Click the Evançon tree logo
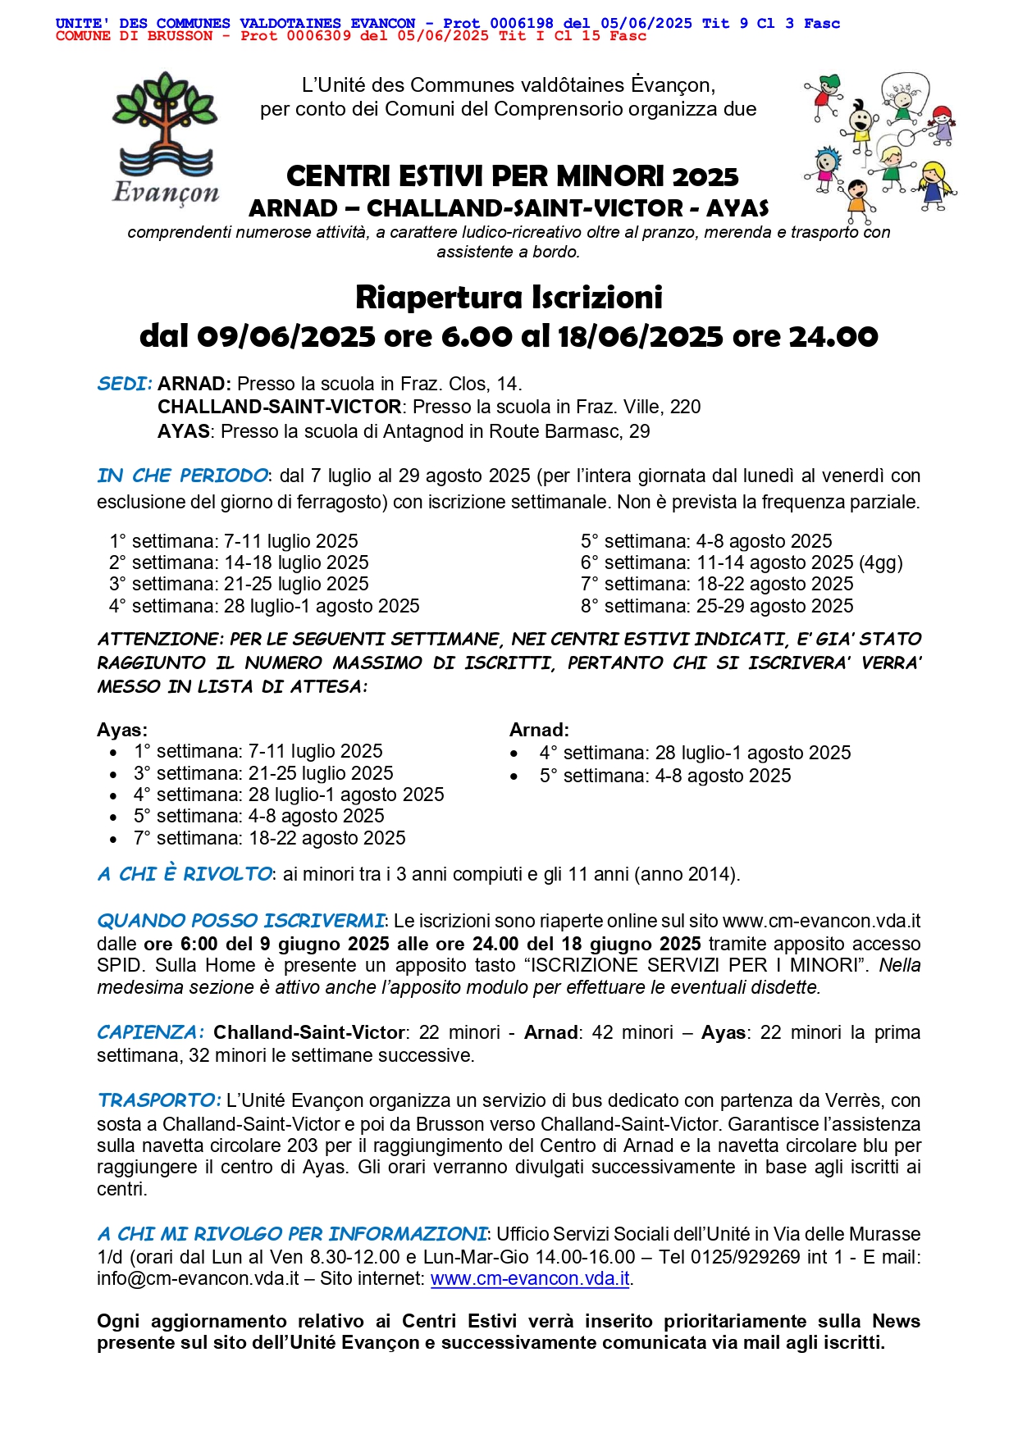pyautogui.click(x=167, y=136)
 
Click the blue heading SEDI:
pyautogui.click(x=125, y=384)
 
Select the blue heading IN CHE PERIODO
pyautogui.click(x=182, y=476)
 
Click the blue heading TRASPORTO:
pyautogui.click(x=159, y=1100)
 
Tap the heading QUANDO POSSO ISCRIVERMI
pyautogui.click(x=240, y=921)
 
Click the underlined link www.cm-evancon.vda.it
pyautogui.click(x=530, y=1278)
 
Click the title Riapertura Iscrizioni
pyautogui.click(x=509, y=297)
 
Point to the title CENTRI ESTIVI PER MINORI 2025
pyautogui.click(x=512, y=176)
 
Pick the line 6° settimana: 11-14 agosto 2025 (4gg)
pyautogui.click(x=742, y=562)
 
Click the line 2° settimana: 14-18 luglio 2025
pyautogui.click(x=239, y=562)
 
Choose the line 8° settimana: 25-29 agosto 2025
pyautogui.click(x=717, y=606)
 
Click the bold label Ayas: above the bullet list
pyautogui.click(x=122, y=730)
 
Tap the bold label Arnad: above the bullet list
pyautogui.click(x=539, y=730)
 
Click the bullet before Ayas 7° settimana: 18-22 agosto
pyautogui.click(x=113, y=839)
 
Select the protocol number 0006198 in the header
pyautogui.click(x=522, y=24)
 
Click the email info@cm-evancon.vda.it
pyautogui.click(x=198, y=1278)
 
